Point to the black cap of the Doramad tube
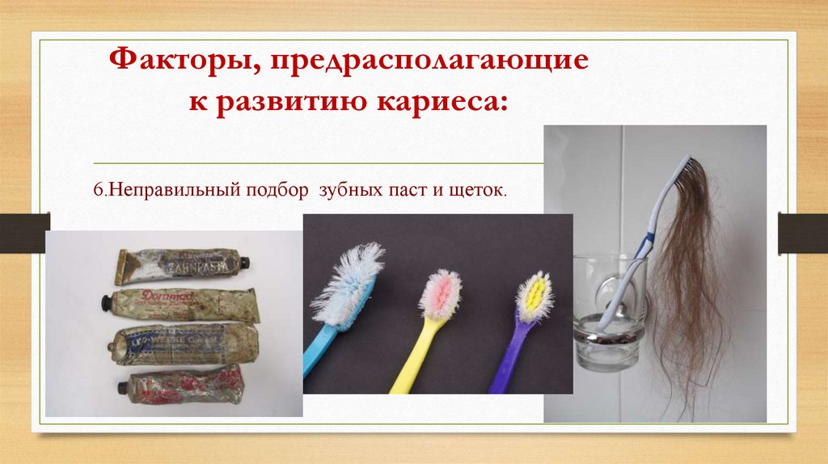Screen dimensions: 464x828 [x=105, y=303]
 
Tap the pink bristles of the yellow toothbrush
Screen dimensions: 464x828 [x=441, y=292]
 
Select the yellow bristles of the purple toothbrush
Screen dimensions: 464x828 [x=534, y=294]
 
